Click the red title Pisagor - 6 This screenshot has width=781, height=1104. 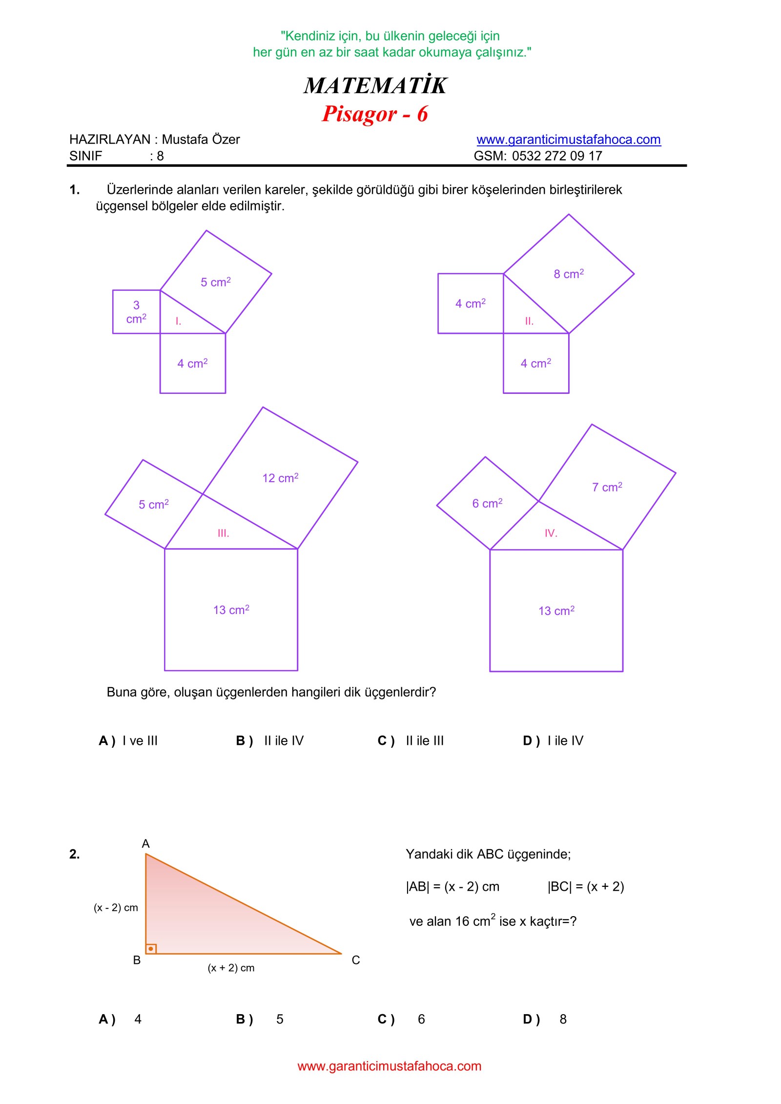pyautogui.click(x=374, y=114)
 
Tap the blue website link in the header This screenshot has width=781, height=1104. pyautogui.click(x=568, y=140)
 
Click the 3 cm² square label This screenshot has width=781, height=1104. pyautogui.click(x=136, y=312)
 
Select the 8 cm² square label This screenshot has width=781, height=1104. pyautogui.click(x=569, y=274)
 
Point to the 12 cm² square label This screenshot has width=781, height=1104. pyautogui.click(x=280, y=478)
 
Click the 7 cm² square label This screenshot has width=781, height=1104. pyautogui.click(x=607, y=487)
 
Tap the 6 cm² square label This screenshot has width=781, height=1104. pyautogui.click(x=487, y=503)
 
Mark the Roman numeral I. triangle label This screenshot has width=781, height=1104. pyautogui.click(x=178, y=321)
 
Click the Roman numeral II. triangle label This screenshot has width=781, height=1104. pyautogui.click(x=529, y=321)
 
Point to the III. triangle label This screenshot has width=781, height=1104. pyautogui.click(x=223, y=533)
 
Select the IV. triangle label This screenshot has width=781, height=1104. pyautogui.click(x=551, y=533)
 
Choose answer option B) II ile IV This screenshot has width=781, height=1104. pyautogui.click(x=270, y=741)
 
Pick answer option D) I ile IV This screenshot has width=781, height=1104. pyautogui.click(x=553, y=741)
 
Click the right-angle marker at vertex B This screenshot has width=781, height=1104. pyautogui.click(x=151, y=949)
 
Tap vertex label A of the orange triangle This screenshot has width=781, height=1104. pyautogui.click(x=145, y=844)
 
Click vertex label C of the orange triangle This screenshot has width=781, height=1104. pyautogui.click(x=356, y=960)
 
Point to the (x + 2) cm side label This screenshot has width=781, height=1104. pyautogui.click(x=231, y=968)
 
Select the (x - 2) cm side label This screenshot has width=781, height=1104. pyautogui.click(x=116, y=908)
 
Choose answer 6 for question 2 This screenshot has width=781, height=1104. pyautogui.click(x=421, y=1019)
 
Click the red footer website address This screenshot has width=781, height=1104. pyautogui.click(x=389, y=1066)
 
